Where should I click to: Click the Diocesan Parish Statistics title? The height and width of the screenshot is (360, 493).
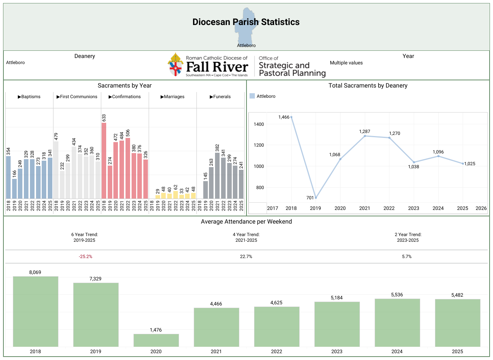point(246,22)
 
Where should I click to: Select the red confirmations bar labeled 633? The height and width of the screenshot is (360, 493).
point(104,161)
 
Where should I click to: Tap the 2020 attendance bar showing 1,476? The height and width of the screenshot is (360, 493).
point(156,340)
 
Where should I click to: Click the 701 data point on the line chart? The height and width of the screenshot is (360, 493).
point(316,197)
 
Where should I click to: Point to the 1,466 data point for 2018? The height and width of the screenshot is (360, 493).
point(291,117)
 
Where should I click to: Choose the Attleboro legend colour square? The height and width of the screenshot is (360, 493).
point(252,96)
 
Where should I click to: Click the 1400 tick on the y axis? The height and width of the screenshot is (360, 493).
point(259,124)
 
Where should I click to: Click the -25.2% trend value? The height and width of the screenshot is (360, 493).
point(86,257)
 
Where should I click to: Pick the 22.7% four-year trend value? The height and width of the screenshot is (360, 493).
point(246,257)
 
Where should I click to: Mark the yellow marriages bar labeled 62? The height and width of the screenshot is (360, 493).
point(176,195)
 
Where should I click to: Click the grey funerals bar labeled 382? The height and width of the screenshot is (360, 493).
point(217,175)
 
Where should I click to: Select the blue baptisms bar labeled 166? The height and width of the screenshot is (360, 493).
point(14,189)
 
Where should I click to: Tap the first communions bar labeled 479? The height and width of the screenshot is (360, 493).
point(56,170)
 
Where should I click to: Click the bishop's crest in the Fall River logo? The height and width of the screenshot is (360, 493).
point(175,65)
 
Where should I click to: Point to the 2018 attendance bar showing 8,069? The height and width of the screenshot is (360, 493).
point(36,311)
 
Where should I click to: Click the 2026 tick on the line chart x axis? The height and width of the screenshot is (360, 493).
point(481,208)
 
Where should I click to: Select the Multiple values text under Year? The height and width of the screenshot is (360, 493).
point(346,63)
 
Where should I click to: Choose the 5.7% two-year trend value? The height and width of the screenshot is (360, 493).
point(407,257)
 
